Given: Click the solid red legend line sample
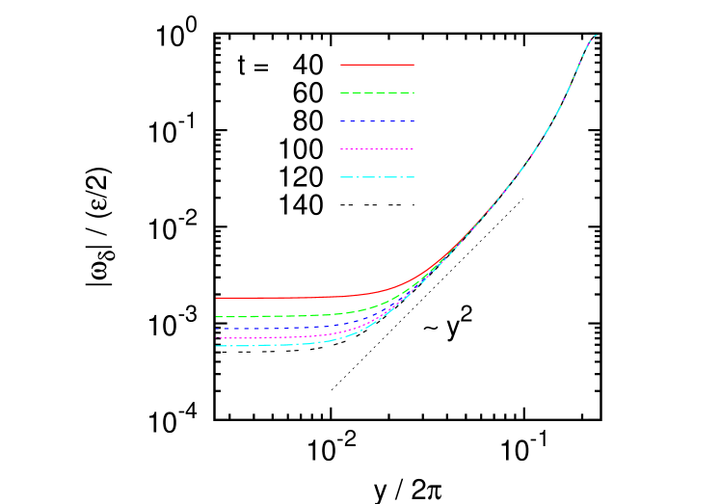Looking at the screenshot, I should (377, 65).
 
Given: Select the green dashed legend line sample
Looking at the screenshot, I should (377, 93).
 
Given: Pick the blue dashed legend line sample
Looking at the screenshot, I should (377, 121).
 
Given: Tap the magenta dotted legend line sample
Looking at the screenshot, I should (377, 149).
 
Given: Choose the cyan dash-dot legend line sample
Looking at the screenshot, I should (377, 177).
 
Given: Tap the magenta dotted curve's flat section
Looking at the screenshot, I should (270, 337).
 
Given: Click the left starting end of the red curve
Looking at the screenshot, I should (217, 297).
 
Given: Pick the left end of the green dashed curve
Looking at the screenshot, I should (217, 316).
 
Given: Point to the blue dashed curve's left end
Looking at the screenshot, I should (217, 328).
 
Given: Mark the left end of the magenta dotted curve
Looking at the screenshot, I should (217, 338).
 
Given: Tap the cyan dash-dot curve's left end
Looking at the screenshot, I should (217, 346).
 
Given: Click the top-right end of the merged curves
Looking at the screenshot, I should (597, 35).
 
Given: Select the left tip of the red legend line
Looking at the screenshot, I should (341, 65).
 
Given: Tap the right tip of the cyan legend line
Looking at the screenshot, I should (413, 177).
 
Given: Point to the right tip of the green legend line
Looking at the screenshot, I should (413, 93).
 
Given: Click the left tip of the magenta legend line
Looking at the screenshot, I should (341, 149).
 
